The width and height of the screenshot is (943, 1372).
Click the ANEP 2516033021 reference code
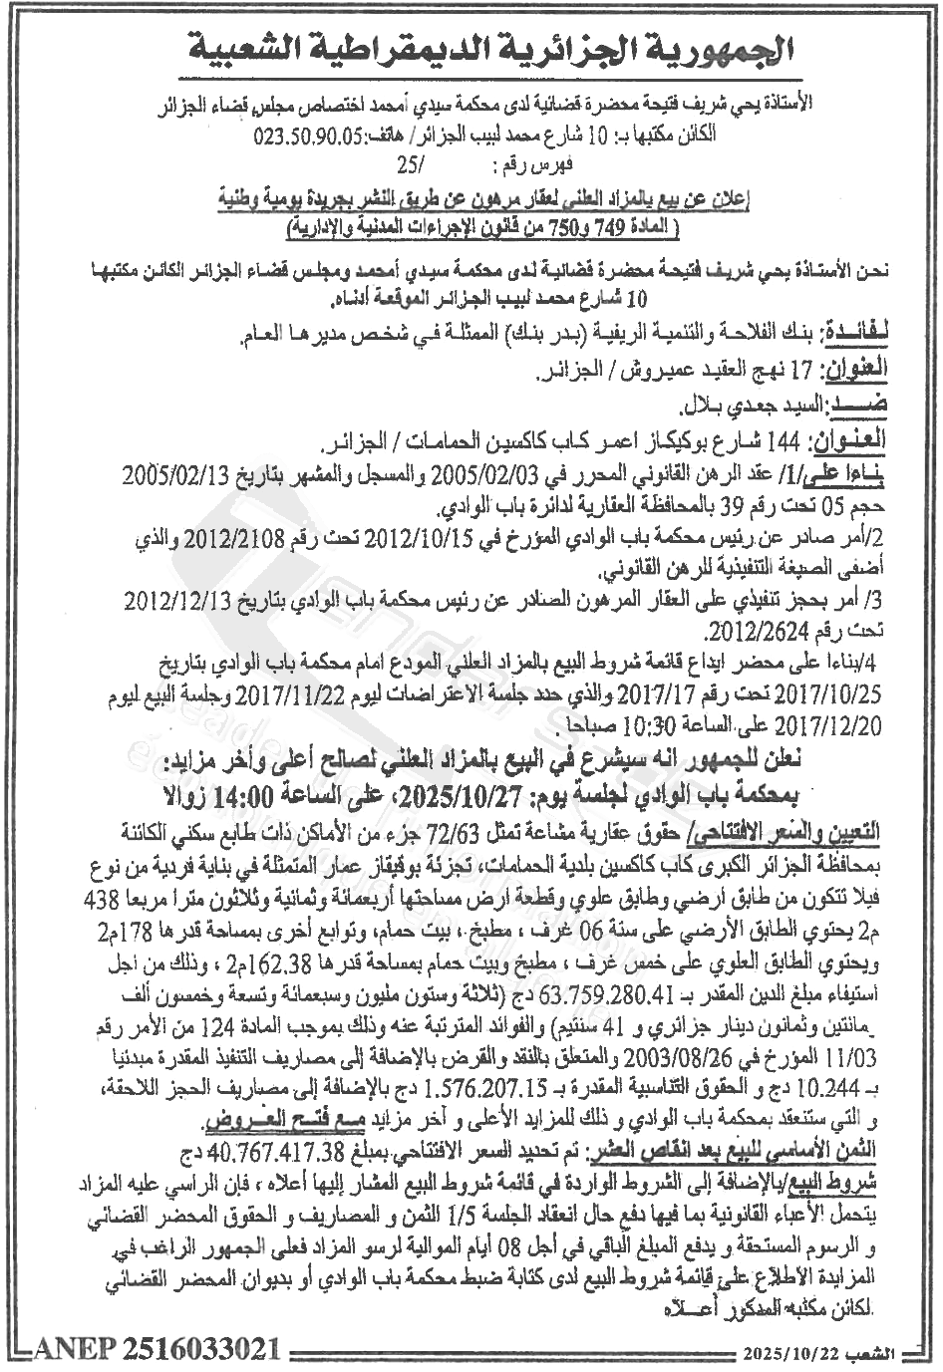(x=157, y=1350)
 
